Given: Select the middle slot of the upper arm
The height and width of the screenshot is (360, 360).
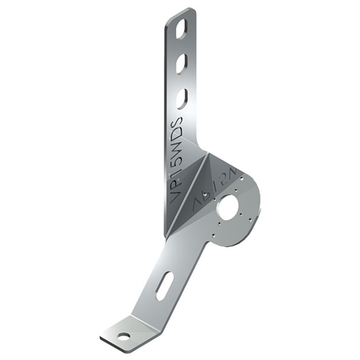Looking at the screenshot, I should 181,63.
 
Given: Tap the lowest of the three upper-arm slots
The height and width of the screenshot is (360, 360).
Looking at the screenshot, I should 182,98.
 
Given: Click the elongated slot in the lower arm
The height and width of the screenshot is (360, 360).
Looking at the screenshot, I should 165,285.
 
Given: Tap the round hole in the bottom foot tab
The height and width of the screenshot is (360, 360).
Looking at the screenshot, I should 123,337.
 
